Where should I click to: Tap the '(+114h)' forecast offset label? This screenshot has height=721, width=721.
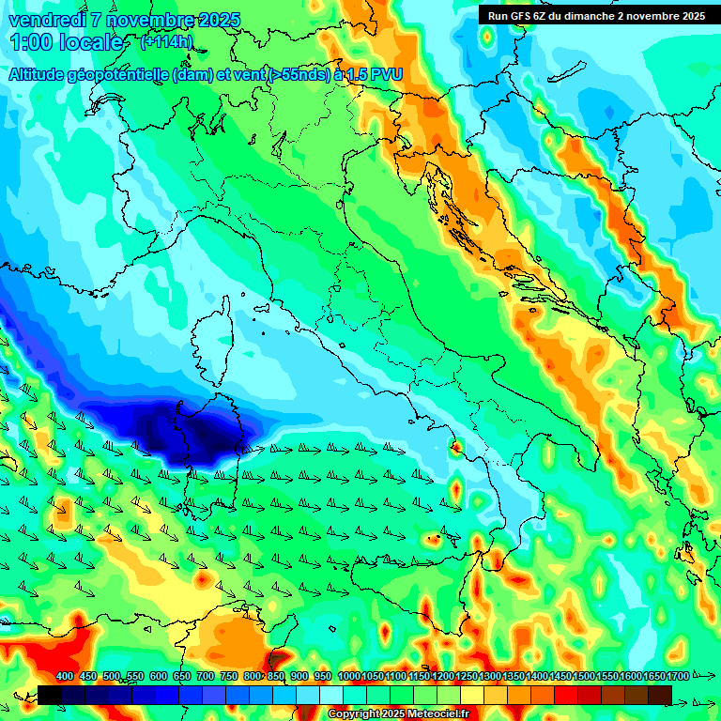168,42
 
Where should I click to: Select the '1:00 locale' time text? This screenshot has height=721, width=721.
66,42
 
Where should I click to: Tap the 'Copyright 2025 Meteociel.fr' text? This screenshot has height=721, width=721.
398,713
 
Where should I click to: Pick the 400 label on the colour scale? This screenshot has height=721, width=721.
65,677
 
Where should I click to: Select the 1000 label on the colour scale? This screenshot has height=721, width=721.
348,677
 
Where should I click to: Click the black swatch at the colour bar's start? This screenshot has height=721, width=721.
50,695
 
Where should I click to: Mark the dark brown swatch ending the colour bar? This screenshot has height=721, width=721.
659,695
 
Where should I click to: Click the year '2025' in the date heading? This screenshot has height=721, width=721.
219,20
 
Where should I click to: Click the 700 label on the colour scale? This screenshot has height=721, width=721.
205,677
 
